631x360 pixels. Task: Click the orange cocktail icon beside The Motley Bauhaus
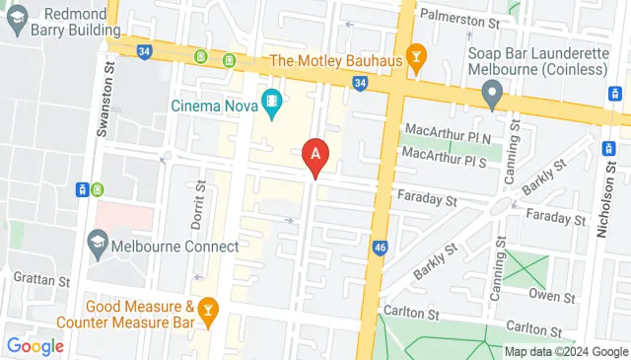[x=416, y=60]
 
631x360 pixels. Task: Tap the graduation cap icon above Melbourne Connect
[x=98, y=241]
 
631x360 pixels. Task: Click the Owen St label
[x=552, y=295]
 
